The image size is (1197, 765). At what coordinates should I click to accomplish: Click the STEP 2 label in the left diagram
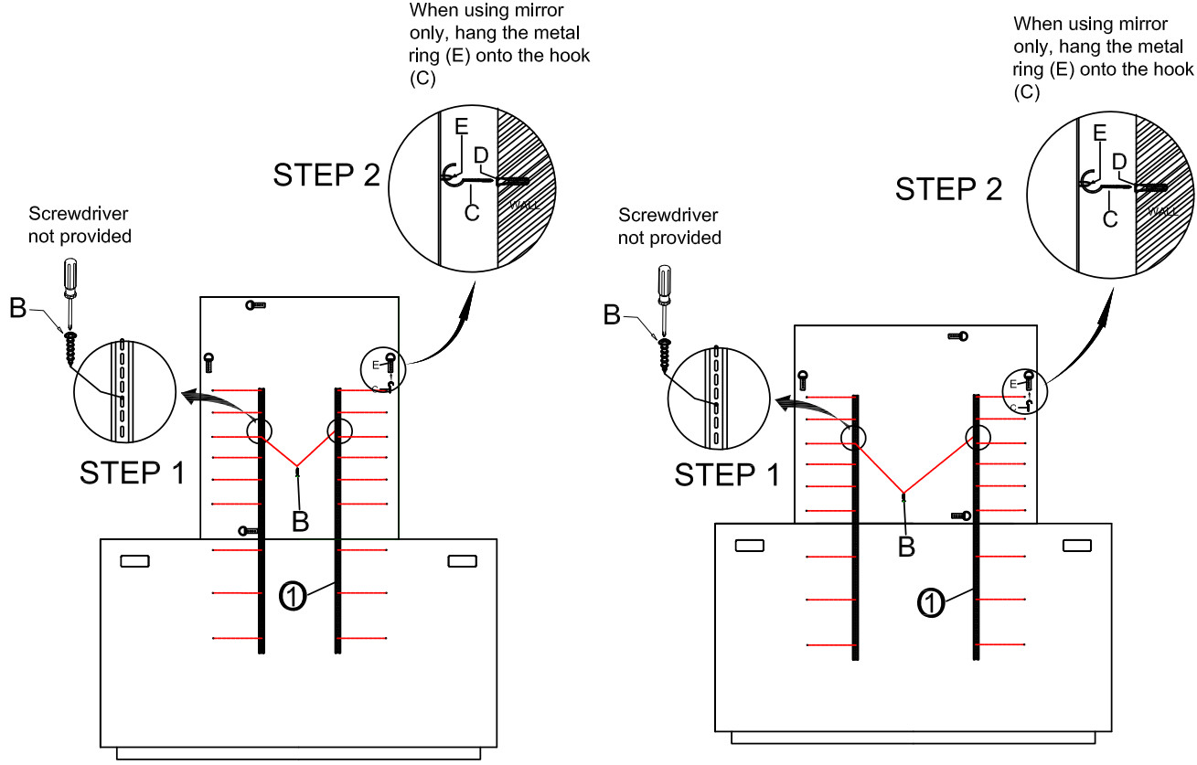pyautogui.click(x=326, y=175)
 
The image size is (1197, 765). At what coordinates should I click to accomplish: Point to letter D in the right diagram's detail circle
pyautogui.click(x=1117, y=161)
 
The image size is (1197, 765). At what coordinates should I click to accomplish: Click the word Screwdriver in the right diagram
pyautogui.click(x=668, y=216)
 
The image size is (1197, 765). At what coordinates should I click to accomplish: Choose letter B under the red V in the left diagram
pyautogui.click(x=300, y=520)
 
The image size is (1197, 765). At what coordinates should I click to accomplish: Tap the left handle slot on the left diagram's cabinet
pyautogui.click(x=134, y=560)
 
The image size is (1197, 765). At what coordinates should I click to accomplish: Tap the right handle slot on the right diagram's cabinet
pyautogui.click(x=1076, y=546)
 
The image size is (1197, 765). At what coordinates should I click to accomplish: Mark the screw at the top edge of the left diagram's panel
pyautogui.click(x=255, y=305)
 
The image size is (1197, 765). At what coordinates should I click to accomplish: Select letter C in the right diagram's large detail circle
pyautogui.click(x=1108, y=219)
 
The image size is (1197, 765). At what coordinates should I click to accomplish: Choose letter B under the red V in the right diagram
pyautogui.click(x=906, y=546)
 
